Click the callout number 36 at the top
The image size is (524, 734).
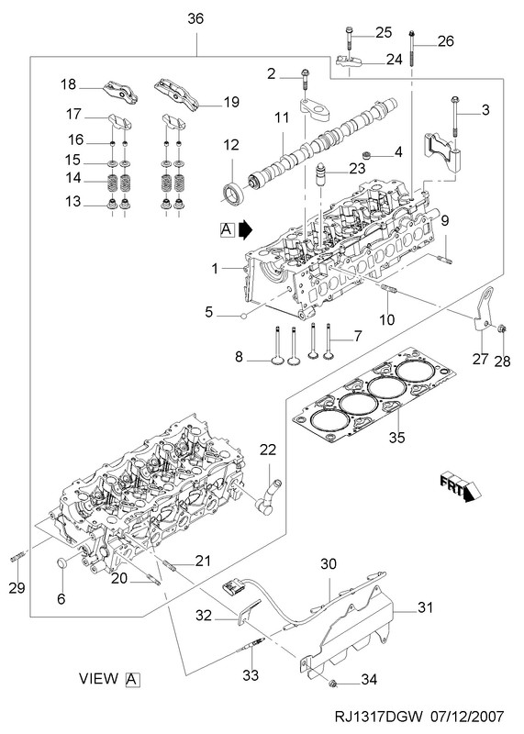[x=195, y=19]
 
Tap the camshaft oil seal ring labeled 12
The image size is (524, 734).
[x=233, y=193]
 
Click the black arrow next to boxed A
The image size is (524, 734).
[x=245, y=229]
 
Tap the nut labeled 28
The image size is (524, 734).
[x=500, y=328]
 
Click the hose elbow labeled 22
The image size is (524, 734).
[x=267, y=498]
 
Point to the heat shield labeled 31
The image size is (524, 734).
[x=348, y=628]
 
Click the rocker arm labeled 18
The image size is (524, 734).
[x=121, y=92]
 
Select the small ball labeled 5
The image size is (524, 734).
[x=243, y=316]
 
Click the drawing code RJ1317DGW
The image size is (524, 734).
[x=379, y=717]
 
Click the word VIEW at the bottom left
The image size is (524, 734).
[x=99, y=678]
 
